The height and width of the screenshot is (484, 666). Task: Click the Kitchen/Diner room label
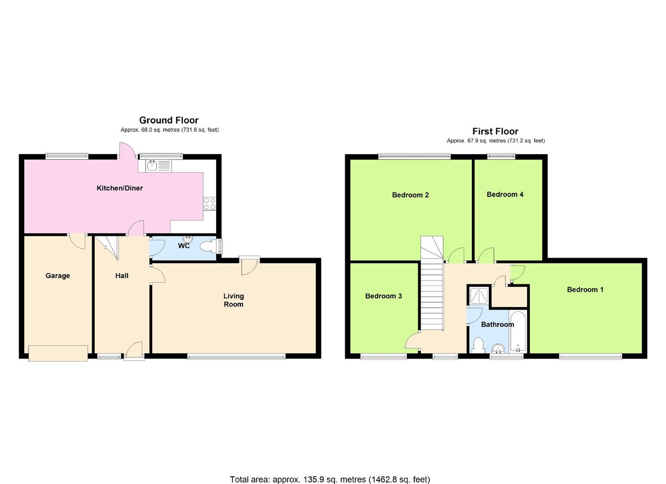pos(120,188)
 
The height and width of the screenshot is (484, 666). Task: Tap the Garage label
pos(58,276)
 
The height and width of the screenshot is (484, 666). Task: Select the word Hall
pos(122,276)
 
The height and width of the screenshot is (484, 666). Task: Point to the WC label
pos(184,246)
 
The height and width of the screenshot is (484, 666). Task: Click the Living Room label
pos(234,300)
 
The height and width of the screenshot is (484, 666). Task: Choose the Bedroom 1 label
pos(585,290)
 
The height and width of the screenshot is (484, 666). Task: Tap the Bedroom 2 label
pos(410,195)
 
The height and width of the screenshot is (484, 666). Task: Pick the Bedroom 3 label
pos(383,296)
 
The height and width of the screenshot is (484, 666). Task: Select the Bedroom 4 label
pos(505,194)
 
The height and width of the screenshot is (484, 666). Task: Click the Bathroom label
pos(497,324)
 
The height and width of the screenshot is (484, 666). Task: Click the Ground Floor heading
pos(169,120)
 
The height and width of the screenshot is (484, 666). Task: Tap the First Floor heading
pos(495,131)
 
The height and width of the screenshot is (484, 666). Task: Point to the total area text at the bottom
pos(330,480)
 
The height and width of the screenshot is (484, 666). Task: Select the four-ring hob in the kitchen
pos(209,204)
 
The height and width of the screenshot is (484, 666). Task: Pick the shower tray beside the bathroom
pos(479,296)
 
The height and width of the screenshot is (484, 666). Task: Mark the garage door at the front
pos(58,353)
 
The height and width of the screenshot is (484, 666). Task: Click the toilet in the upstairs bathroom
pos(478,346)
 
